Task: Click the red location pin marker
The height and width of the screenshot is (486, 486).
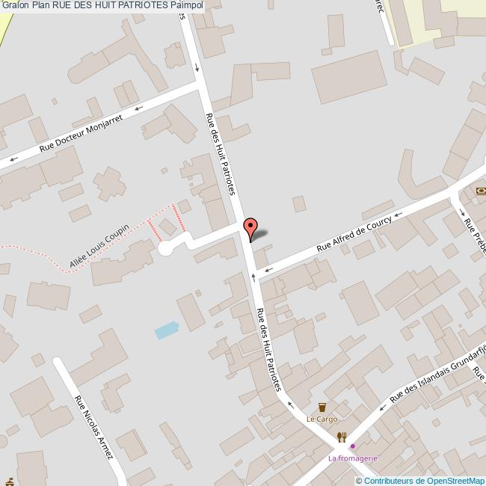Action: pos(251,228)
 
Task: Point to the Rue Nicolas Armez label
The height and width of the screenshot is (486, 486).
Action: pos(94,427)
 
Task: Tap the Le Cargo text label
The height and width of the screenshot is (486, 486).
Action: pos(322,419)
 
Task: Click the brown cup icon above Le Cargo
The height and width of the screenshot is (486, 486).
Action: pos(322,407)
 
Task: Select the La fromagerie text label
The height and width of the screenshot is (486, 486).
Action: pos(353,458)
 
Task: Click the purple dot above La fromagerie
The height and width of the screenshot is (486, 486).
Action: pos(353,447)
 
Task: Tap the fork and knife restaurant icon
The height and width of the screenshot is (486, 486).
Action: pos(342,437)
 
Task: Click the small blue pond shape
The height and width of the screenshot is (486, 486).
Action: pos(167,330)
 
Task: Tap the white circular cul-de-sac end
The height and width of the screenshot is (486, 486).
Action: pos(166,249)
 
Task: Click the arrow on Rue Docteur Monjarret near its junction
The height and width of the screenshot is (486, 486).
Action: pos(139,109)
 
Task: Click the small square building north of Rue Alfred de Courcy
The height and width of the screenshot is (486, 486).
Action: pos(299,203)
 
